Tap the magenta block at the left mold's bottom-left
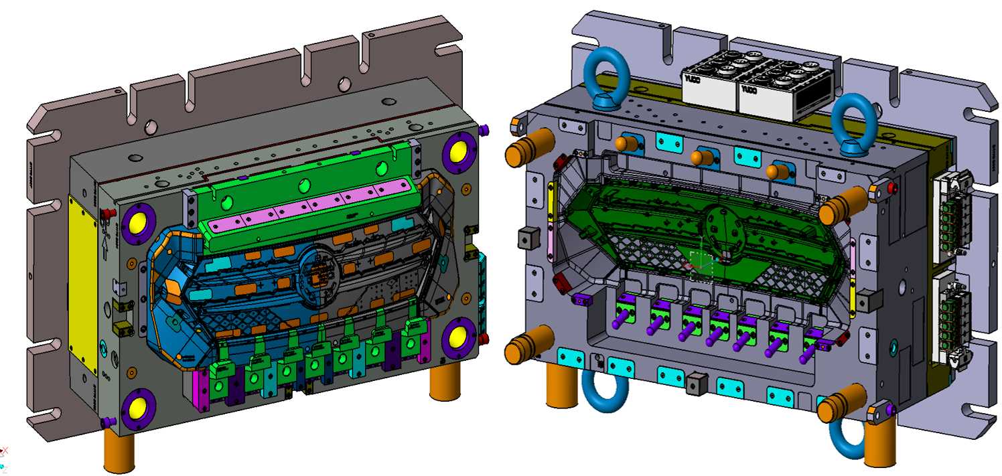click(x=199, y=388)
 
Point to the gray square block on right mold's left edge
click(x=528, y=238)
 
